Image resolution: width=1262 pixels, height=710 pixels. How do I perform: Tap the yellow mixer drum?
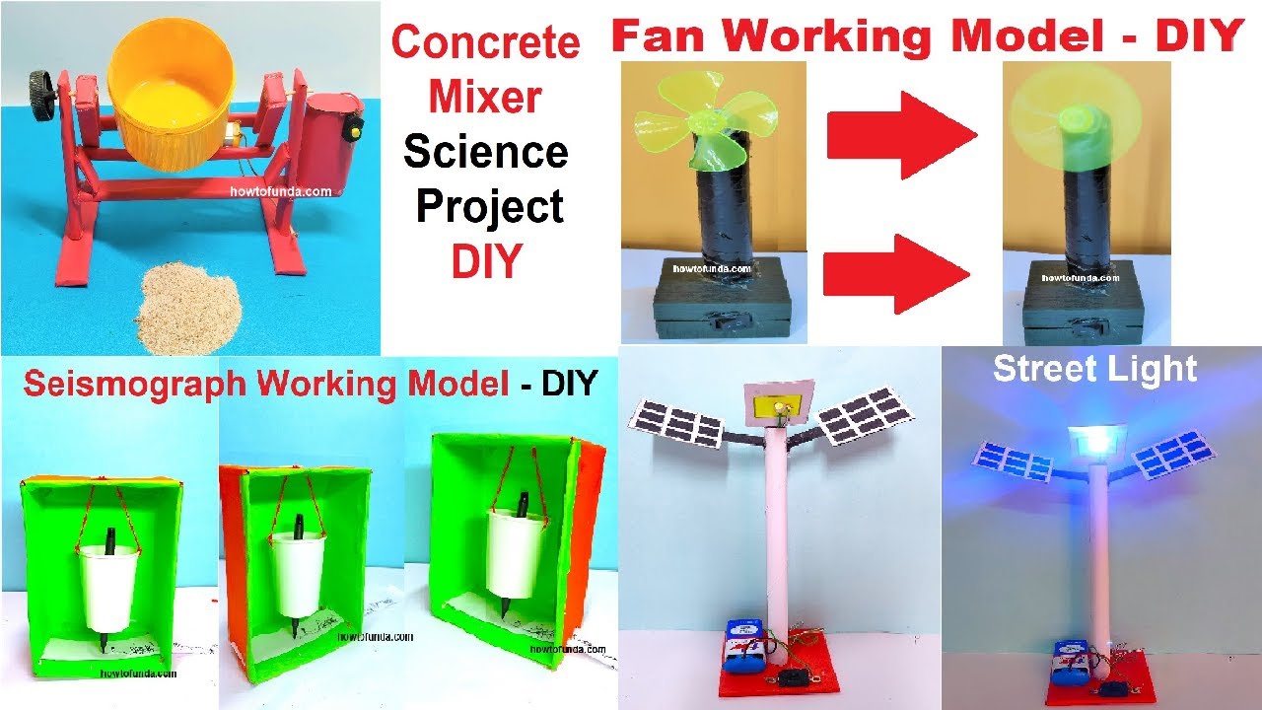(x=174, y=94)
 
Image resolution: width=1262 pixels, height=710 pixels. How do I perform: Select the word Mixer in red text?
(x=485, y=99)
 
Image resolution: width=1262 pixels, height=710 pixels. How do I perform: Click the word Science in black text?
(x=486, y=153)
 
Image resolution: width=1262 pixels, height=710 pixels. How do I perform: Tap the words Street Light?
(x=1094, y=369)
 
